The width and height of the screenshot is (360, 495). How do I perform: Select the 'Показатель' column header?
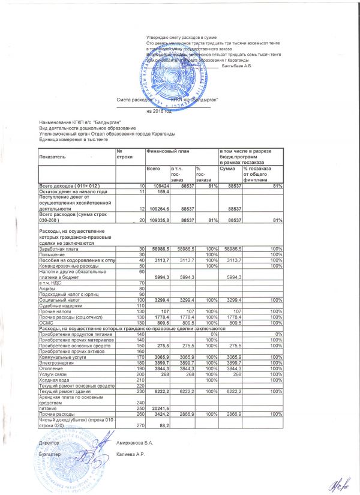coord(52,155)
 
